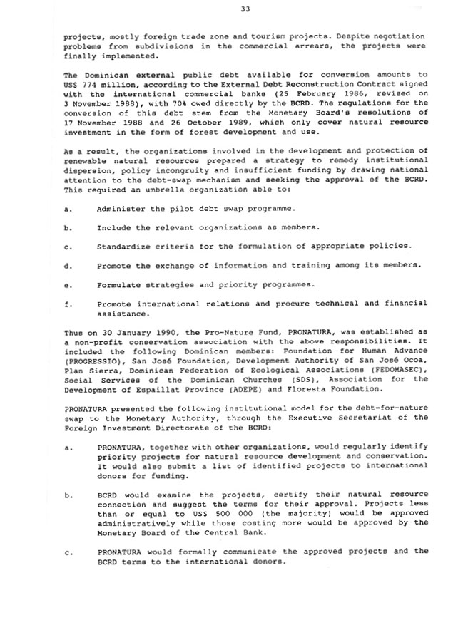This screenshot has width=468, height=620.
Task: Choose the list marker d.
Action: click(66, 265)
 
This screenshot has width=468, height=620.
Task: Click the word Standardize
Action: click(126, 246)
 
